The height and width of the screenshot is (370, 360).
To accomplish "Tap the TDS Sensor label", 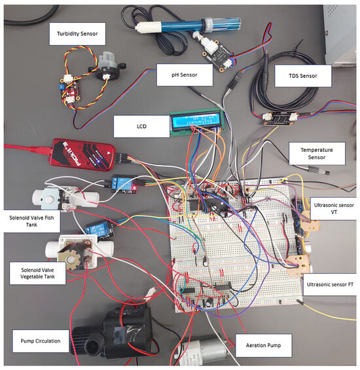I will click(302, 76).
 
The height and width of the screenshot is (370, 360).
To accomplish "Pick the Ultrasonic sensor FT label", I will click(331, 285).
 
